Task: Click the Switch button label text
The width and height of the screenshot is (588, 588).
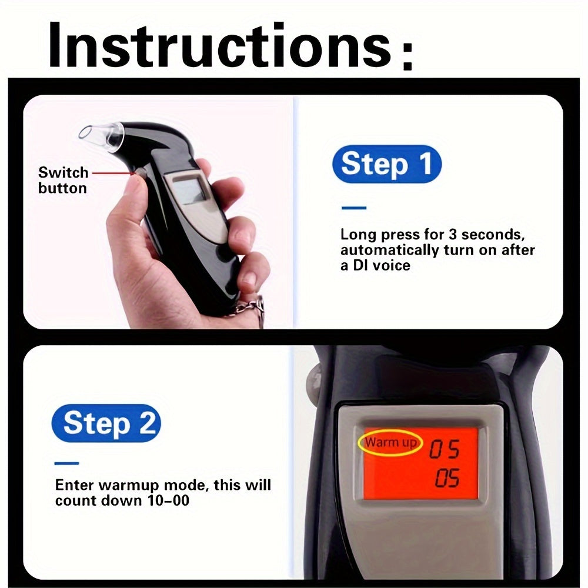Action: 62,180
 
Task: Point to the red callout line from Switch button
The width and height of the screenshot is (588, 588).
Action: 112,173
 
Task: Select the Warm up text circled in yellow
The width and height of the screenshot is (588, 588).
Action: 390,442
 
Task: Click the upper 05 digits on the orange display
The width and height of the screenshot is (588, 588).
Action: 444,450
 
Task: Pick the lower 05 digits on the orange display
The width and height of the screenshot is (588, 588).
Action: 447,479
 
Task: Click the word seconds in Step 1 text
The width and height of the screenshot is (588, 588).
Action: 497,235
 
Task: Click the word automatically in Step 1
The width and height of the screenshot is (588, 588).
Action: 389,250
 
